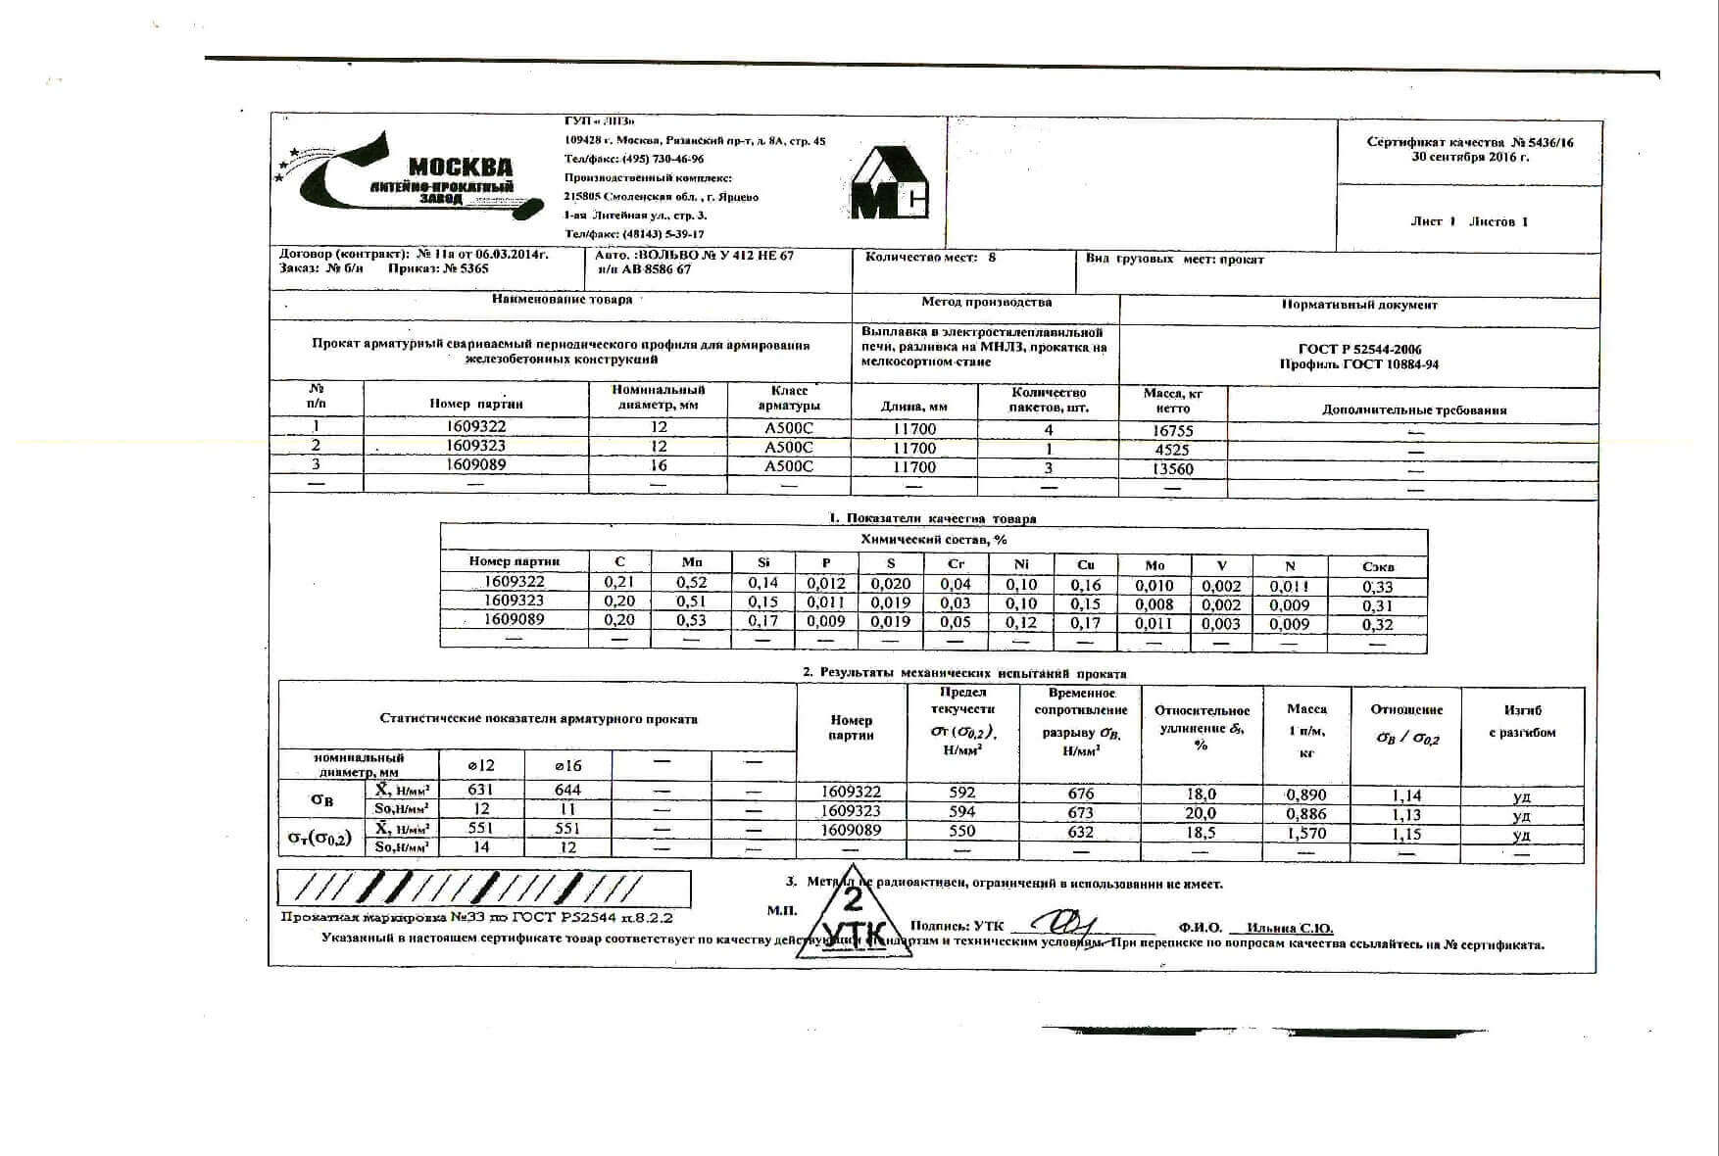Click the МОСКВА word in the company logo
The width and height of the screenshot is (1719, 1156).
[x=460, y=167]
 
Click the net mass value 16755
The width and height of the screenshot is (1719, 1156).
[x=1172, y=430]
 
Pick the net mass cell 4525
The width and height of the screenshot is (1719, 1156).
[x=1172, y=450]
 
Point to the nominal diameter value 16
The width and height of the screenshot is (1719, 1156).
[x=659, y=465]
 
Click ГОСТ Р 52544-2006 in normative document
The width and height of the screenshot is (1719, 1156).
[x=1359, y=349]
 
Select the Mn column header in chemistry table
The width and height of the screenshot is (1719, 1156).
[x=692, y=562]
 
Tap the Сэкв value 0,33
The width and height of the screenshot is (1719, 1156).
[x=1377, y=587]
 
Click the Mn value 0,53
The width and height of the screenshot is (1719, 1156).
[x=692, y=621]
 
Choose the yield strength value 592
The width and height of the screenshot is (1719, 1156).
[x=962, y=793]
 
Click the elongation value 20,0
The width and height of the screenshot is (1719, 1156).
[x=1201, y=813]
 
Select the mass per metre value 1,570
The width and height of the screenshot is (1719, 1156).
[x=1306, y=833]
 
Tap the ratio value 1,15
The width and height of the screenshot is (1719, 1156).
[x=1406, y=834]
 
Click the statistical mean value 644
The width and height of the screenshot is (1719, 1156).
[x=567, y=790]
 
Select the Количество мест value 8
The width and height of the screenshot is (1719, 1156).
[x=992, y=258]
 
